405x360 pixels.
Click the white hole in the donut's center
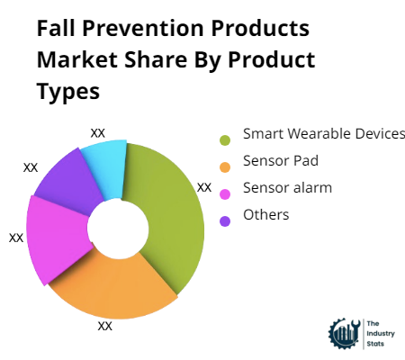tap(117, 228)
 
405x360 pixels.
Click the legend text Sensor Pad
tap(280, 161)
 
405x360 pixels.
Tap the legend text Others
tap(265, 214)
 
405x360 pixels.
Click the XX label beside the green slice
tap(204, 188)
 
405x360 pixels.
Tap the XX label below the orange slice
tap(104, 326)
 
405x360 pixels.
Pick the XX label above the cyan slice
tap(98, 132)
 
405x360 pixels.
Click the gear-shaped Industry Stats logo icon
tap(345, 332)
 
